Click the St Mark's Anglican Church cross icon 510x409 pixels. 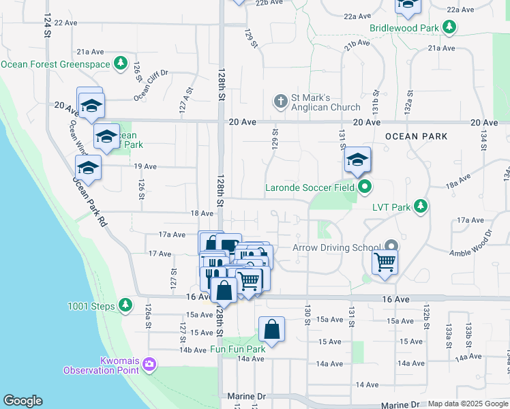tap(280, 102)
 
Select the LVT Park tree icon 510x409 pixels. tap(421, 204)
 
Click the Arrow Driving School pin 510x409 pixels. tap(391, 247)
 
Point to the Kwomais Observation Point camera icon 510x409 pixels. tap(149, 365)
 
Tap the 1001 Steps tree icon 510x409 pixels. tap(125, 305)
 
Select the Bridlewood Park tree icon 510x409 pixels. tap(449, 27)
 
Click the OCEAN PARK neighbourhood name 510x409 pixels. tap(416, 136)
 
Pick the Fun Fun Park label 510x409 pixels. tap(237, 350)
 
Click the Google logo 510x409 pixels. tap(22, 400)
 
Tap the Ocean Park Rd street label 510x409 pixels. tap(91, 202)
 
